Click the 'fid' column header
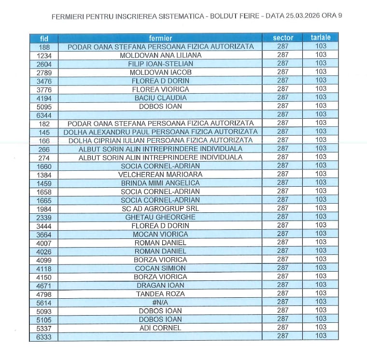[43, 38]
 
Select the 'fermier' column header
[160, 38]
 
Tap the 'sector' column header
[282, 38]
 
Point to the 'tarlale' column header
[321, 38]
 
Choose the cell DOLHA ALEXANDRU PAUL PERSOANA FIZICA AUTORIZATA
[160, 132]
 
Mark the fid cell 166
[43, 140]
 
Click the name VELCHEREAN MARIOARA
[160, 174]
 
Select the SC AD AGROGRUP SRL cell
[160, 208]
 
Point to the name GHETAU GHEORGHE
[160, 217]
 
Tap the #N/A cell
[160, 302]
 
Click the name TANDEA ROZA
[160, 294]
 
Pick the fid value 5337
[43, 328]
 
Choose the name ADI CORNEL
[160, 328]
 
